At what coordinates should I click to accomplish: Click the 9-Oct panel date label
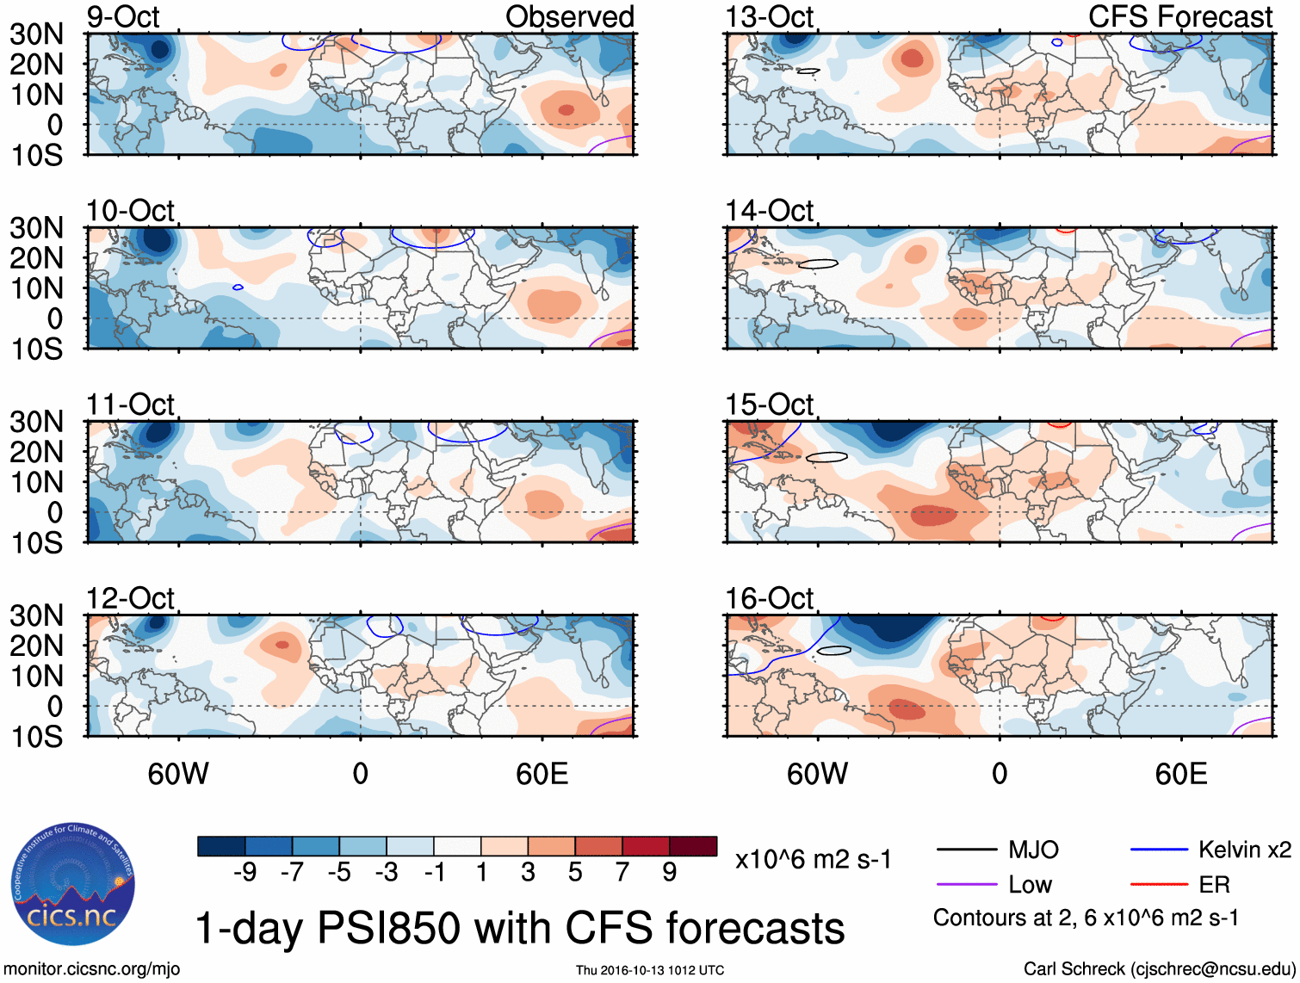tap(123, 17)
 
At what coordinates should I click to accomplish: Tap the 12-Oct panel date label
tap(130, 598)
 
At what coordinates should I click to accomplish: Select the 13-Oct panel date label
tap(769, 17)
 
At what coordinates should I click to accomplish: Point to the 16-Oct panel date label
tap(769, 598)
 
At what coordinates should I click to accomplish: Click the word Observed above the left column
tap(569, 17)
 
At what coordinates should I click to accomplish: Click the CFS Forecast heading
tap(1179, 17)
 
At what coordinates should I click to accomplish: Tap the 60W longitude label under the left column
tap(178, 774)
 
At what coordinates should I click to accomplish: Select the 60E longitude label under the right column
tap(1180, 774)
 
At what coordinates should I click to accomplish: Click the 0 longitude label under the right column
tap(999, 774)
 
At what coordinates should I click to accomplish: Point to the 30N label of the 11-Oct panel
tap(37, 422)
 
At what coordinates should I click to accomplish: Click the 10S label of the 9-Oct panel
tap(37, 156)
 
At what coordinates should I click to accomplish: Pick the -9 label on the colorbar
tap(245, 873)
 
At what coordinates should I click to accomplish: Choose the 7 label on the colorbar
tap(622, 873)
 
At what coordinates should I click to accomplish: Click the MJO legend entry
tap(1033, 850)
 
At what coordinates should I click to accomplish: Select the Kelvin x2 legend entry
tap(1244, 850)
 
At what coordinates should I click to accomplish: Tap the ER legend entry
tap(1214, 885)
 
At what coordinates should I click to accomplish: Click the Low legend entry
tap(1030, 885)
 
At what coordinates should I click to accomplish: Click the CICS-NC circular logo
tap(73, 885)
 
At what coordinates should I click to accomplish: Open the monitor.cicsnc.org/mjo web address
tap(92, 969)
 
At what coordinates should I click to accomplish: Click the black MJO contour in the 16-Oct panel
tap(833, 650)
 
